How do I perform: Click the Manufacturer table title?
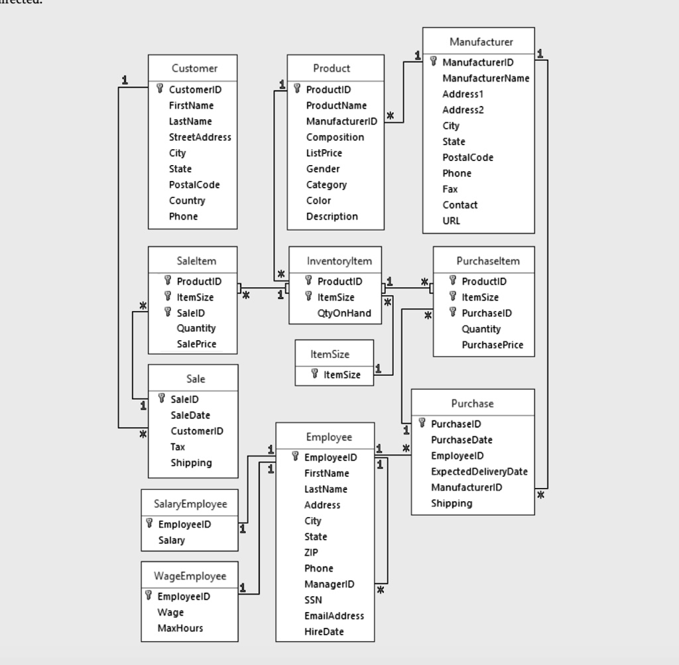pyautogui.click(x=481, y=42)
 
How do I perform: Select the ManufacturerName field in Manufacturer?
pyautogui.click(x=485, y=78)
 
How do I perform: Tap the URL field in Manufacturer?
pyautogui.click(x=451, y=221)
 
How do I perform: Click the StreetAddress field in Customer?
pyautogui.click(x=200, y=137)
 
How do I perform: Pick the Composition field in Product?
pyautogui.click(x=335, y=137)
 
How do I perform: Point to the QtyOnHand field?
pyautogui.click(x=344, y=313)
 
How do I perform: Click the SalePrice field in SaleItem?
pyautogui.click(x=196, y=343)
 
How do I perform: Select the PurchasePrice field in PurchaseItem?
pyautogui.click(x=492, y=345)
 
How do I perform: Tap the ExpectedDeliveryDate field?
pyautogui.click(x=479, y=471)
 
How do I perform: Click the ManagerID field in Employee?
pyautogui.click(x=329, y=584)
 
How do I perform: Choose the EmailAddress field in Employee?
pyautogui.click(x=334, y=616)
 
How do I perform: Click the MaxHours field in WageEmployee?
pyautogui.click(x=180, y=628)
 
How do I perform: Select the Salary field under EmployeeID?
pyautogui.click(x=171, y=540)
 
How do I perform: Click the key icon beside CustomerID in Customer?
pyautogui.click(x=160, y=89)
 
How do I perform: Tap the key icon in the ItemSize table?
pyautogui.click(x=314, y=375)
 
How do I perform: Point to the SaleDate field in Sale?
pyautogui.click(x=190, y=415)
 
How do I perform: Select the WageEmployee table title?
pyautogui.click(x=190, y=575)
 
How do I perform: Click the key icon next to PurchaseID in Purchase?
pyautogui.click(x=422, y=423)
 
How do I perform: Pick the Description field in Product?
pyautogui.click(x=332, y=216)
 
